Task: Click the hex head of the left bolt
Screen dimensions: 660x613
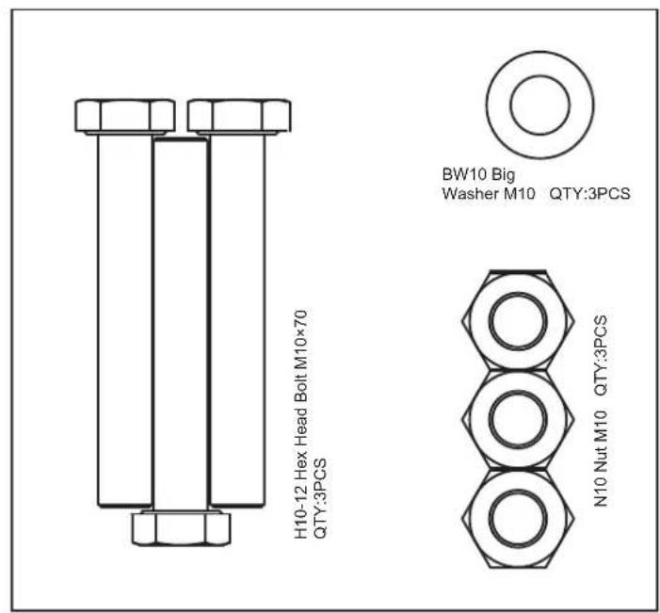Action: [125, 116]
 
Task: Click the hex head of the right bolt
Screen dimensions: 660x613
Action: [239, 116]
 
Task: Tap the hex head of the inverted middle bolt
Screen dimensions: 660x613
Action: [181, 528]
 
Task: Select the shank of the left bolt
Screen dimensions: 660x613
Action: [124, 320]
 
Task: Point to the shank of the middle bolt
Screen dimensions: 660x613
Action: [181, 324]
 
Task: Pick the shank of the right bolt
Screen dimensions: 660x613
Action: [238, 320]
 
